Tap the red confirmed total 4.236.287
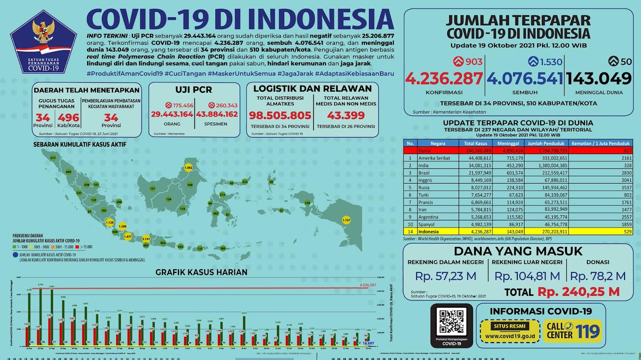pyautogui.click(x=443, y=78)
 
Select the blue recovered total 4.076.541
pyautogui.click(x=525, y=78)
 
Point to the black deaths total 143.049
pyautogui.click(x=599, y=78)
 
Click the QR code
pyautogui.click(x=451, y=322)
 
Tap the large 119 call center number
pyautogui.click(x=587, y=331)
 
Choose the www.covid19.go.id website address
pyautogui.click(x=510, y=336)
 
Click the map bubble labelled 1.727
pyautogui.click(x=346, y=220)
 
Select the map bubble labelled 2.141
pyautogui.click(x=146, y=239)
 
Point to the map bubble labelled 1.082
pyautogui.click(x=188, y=168)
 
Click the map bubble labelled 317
pyautogui.click(x=53, y=158)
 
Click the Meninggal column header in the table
pyautogui.click(x=508, y=143)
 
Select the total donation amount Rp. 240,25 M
pyautogui.click(x=579, y=292)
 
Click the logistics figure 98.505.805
pyautogui.click(x=280, y=116)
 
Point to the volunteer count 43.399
pyautogui.click(x=346, y=116)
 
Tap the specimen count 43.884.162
pyautogui.click(x=217, y=114)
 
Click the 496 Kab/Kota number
pyautogui.click(x=68, y=117)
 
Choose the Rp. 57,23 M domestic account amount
pyautogui.click(x=445, y=276)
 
